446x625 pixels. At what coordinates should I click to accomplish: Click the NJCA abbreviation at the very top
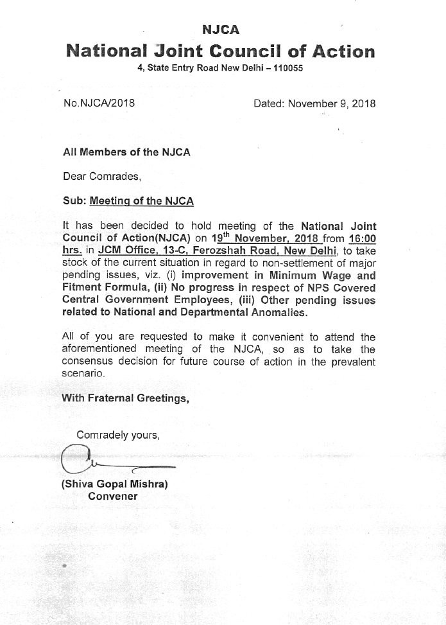pyautogui.click(x=221, y=30)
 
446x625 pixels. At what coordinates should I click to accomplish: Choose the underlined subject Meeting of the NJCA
pyautogui.click(x=142, y=200)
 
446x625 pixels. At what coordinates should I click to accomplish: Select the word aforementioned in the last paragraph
pyautogui.click(x=103, y=349)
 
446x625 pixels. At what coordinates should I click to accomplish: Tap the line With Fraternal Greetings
pyautogui.click(x=125, y=398)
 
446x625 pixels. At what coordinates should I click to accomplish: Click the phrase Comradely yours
pyautogui.click(x=118, y=435)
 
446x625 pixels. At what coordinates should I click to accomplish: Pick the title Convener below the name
pyautogui.click(x=112, y=496)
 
